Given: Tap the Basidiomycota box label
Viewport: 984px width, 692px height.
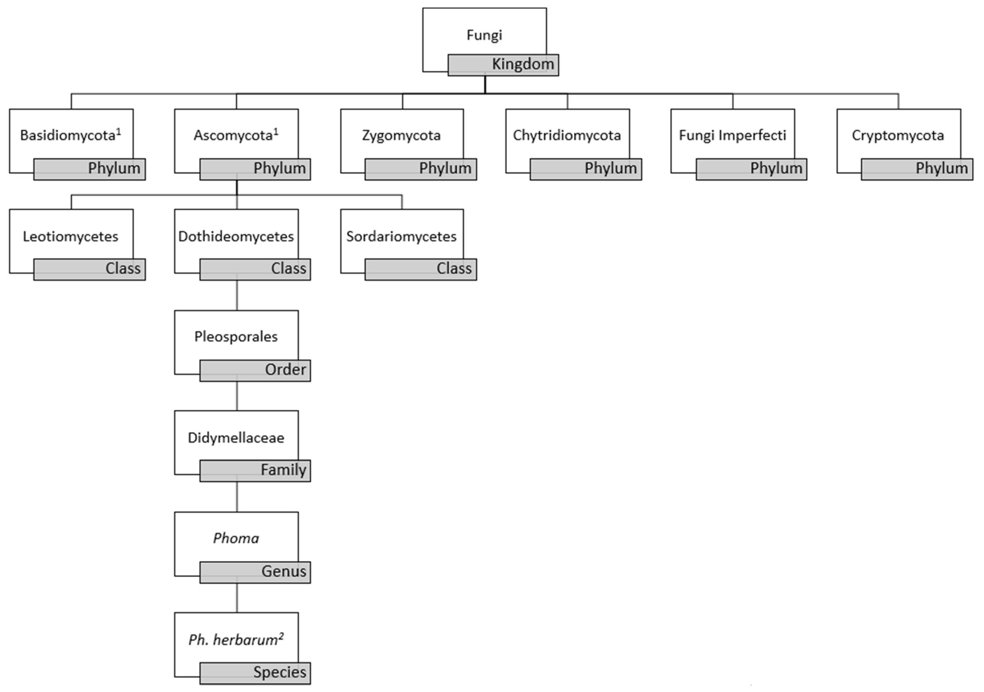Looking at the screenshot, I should pyautogui.click(x=70, y=135).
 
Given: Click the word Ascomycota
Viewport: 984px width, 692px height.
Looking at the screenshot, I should pyautogui.click(x=233, y=135).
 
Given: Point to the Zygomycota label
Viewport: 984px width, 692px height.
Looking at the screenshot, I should pyautogui.click(x=401, y=135).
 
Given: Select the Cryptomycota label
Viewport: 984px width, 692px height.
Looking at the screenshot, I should pyautogui.click(x=897, y=135).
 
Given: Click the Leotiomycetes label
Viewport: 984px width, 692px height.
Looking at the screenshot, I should pyautogui.click(x=70, y=237).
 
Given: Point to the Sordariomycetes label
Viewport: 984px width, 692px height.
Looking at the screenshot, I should pyautogui.click(x=401, y=237).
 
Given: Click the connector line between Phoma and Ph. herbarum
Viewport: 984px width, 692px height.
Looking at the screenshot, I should pyautogui.click(x=237, y=598).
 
